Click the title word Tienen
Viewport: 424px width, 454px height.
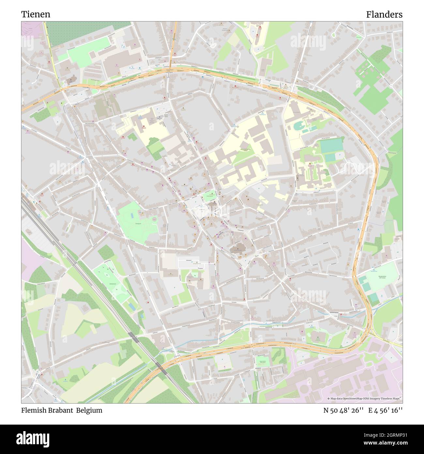[x=36, y=14]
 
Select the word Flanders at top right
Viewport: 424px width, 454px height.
[x=384, y=14]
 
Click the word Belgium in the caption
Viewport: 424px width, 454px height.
[x=89, y=410]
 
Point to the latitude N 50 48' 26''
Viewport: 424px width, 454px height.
[x=343, y=410]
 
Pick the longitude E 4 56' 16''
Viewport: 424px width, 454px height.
[x=385, y=410]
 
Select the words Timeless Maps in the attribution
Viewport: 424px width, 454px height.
[x=392, y=399]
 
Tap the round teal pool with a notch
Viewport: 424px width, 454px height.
[x=298, y=125]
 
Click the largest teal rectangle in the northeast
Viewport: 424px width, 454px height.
[x=331, y=146]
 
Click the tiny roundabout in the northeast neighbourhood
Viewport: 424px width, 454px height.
[x=391, y=86]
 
